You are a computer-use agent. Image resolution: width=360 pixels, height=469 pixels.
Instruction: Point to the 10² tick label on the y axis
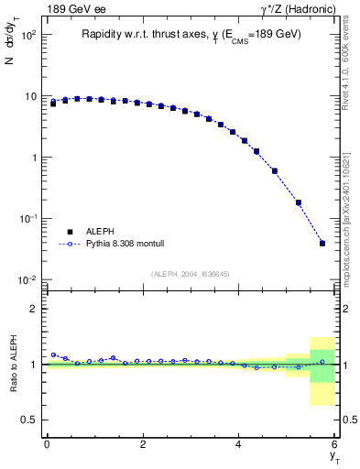click(29, 36)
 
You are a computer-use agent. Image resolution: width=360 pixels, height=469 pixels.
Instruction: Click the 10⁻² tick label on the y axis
click(29, 279)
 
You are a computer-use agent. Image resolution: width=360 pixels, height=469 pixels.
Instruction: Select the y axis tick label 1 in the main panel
click(34, 158)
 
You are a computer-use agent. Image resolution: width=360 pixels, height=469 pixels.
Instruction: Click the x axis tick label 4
click(239, 444)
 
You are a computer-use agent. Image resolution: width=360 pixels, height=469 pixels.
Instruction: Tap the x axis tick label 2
click(143, 444)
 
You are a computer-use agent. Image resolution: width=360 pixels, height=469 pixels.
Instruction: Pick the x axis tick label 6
click(334, 444)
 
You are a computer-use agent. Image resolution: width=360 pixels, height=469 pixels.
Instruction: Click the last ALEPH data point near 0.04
click(322, 243)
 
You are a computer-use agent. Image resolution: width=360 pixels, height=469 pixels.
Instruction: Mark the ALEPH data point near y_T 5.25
click(299, 202)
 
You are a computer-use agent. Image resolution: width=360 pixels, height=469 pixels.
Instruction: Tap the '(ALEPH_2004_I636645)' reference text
click(191, 275)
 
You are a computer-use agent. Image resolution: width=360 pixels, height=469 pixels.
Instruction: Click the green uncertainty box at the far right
click(322, 365)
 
